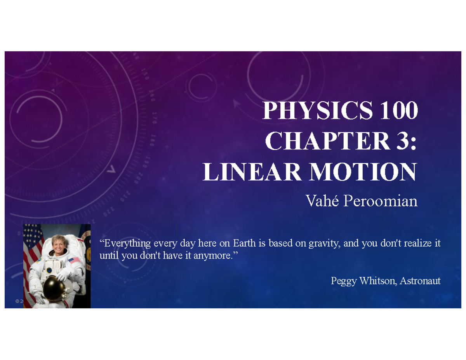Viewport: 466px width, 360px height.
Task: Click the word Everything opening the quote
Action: [x=125, y=244]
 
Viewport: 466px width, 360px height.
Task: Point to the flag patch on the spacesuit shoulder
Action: [x=74, y=260]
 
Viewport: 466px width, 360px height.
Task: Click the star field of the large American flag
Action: [x=30, y=235]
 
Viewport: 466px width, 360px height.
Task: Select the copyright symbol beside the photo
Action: [x=17, y=301]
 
